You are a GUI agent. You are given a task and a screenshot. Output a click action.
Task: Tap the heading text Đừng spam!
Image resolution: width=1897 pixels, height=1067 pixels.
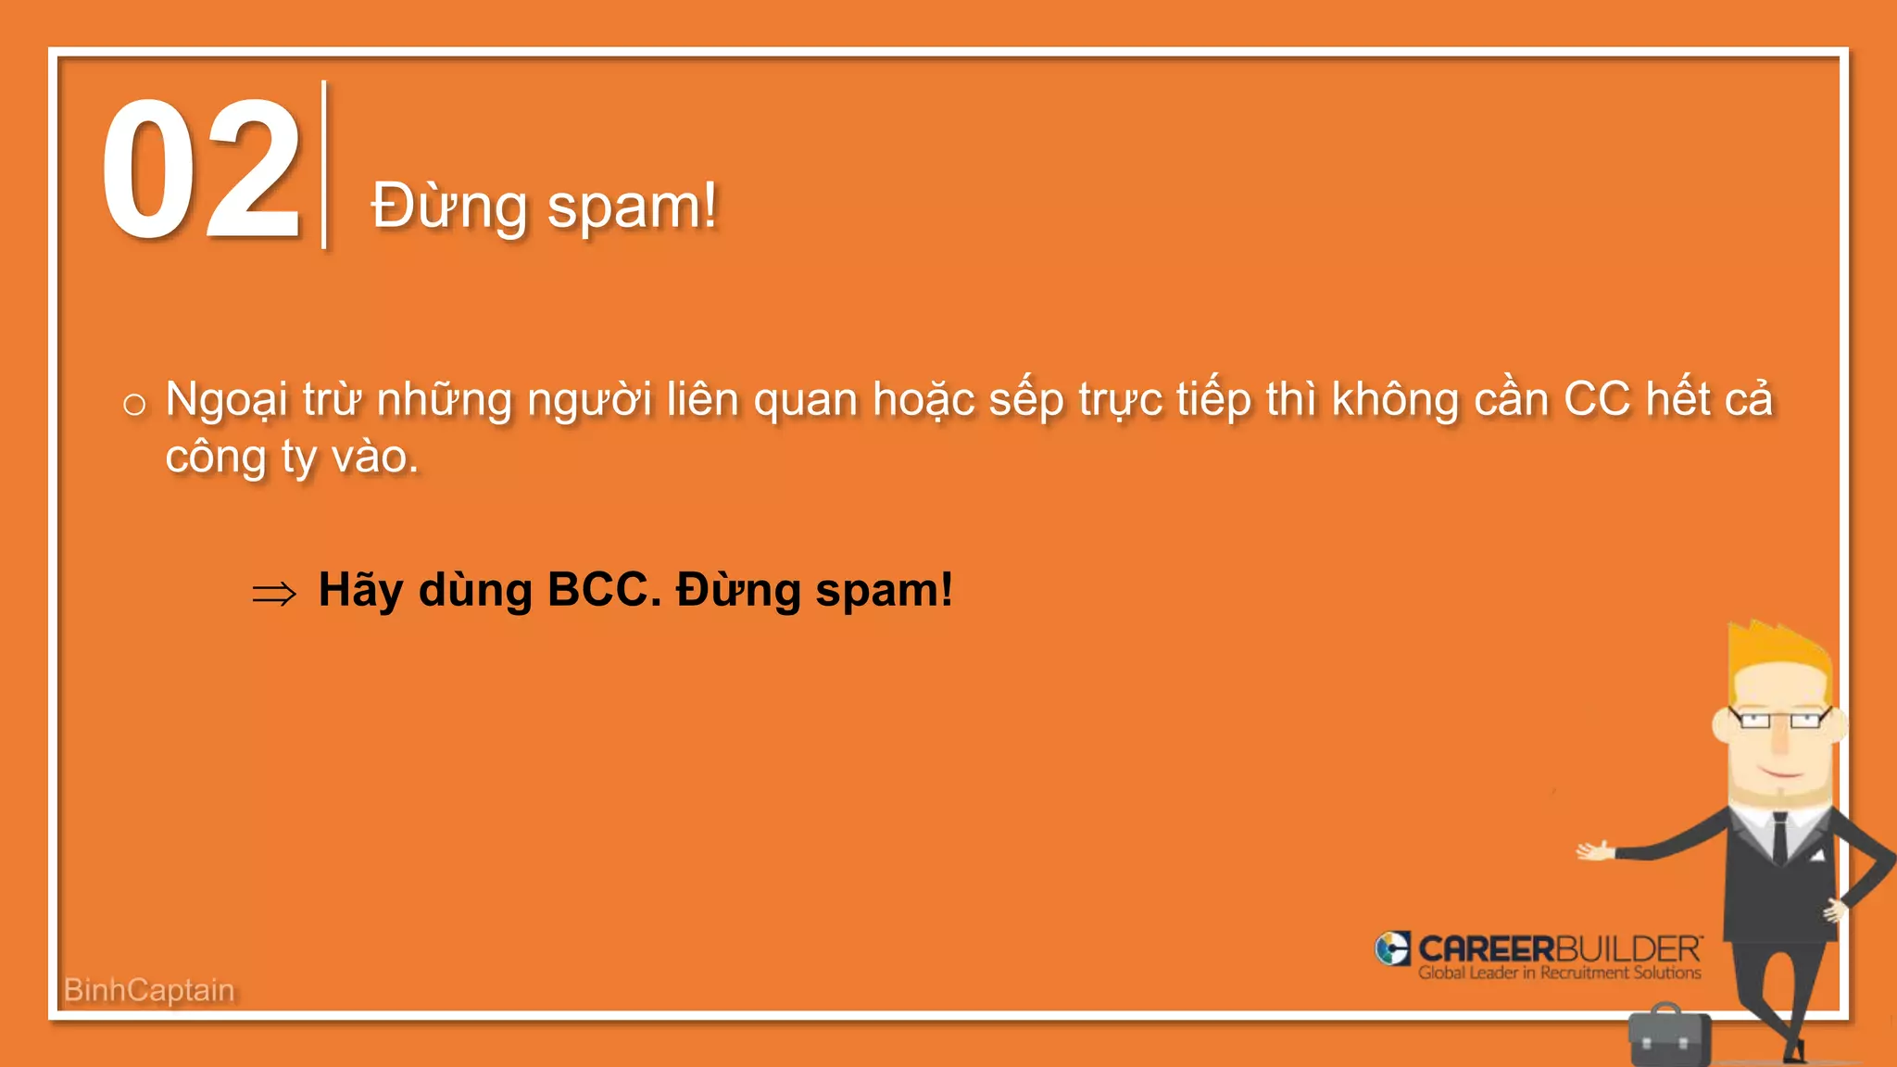544,206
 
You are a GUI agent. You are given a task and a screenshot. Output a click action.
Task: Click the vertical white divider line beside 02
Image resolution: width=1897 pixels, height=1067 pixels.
323,165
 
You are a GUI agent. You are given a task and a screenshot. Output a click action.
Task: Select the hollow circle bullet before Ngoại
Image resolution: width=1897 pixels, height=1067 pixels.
134,404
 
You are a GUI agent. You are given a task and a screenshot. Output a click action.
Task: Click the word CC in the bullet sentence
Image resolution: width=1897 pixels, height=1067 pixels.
1596,400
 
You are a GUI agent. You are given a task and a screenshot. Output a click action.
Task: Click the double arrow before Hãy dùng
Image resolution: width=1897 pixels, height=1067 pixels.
274,593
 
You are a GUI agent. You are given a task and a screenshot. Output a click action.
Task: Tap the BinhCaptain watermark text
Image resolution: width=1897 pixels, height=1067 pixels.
149,990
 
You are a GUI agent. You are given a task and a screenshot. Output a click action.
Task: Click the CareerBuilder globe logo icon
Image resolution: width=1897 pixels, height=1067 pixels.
1392,948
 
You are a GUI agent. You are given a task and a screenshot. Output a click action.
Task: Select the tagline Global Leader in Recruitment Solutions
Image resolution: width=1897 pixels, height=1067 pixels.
1559,973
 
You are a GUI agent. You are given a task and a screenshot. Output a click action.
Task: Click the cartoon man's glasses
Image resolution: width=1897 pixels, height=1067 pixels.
1778,720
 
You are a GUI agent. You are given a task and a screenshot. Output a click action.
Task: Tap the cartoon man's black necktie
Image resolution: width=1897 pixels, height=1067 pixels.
1780,837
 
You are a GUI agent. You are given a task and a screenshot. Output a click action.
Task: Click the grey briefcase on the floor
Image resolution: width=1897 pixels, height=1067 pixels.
1669,1035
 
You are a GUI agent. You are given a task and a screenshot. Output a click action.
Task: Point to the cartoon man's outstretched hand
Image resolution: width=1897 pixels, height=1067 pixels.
1595,850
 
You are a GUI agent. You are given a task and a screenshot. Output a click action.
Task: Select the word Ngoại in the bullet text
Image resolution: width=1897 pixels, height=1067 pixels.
227,400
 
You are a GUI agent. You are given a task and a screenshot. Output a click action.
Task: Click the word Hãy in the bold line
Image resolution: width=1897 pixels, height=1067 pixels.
360,590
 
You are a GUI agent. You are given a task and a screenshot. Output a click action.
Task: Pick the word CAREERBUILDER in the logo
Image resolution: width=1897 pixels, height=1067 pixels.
1559,948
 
